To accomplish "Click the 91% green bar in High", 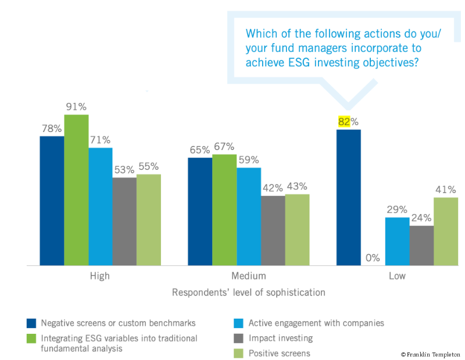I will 76,190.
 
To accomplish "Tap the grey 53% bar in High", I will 124,222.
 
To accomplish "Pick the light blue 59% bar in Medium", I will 249,216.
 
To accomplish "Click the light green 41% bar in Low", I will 446,231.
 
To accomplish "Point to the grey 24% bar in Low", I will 421,245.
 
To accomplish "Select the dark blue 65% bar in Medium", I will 200,212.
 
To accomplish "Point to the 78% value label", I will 51,129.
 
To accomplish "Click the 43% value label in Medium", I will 296,187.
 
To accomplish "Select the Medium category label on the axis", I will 249,276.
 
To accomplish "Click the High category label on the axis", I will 99,276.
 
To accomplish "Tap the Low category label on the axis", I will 397,276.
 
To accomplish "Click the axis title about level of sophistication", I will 248,293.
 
